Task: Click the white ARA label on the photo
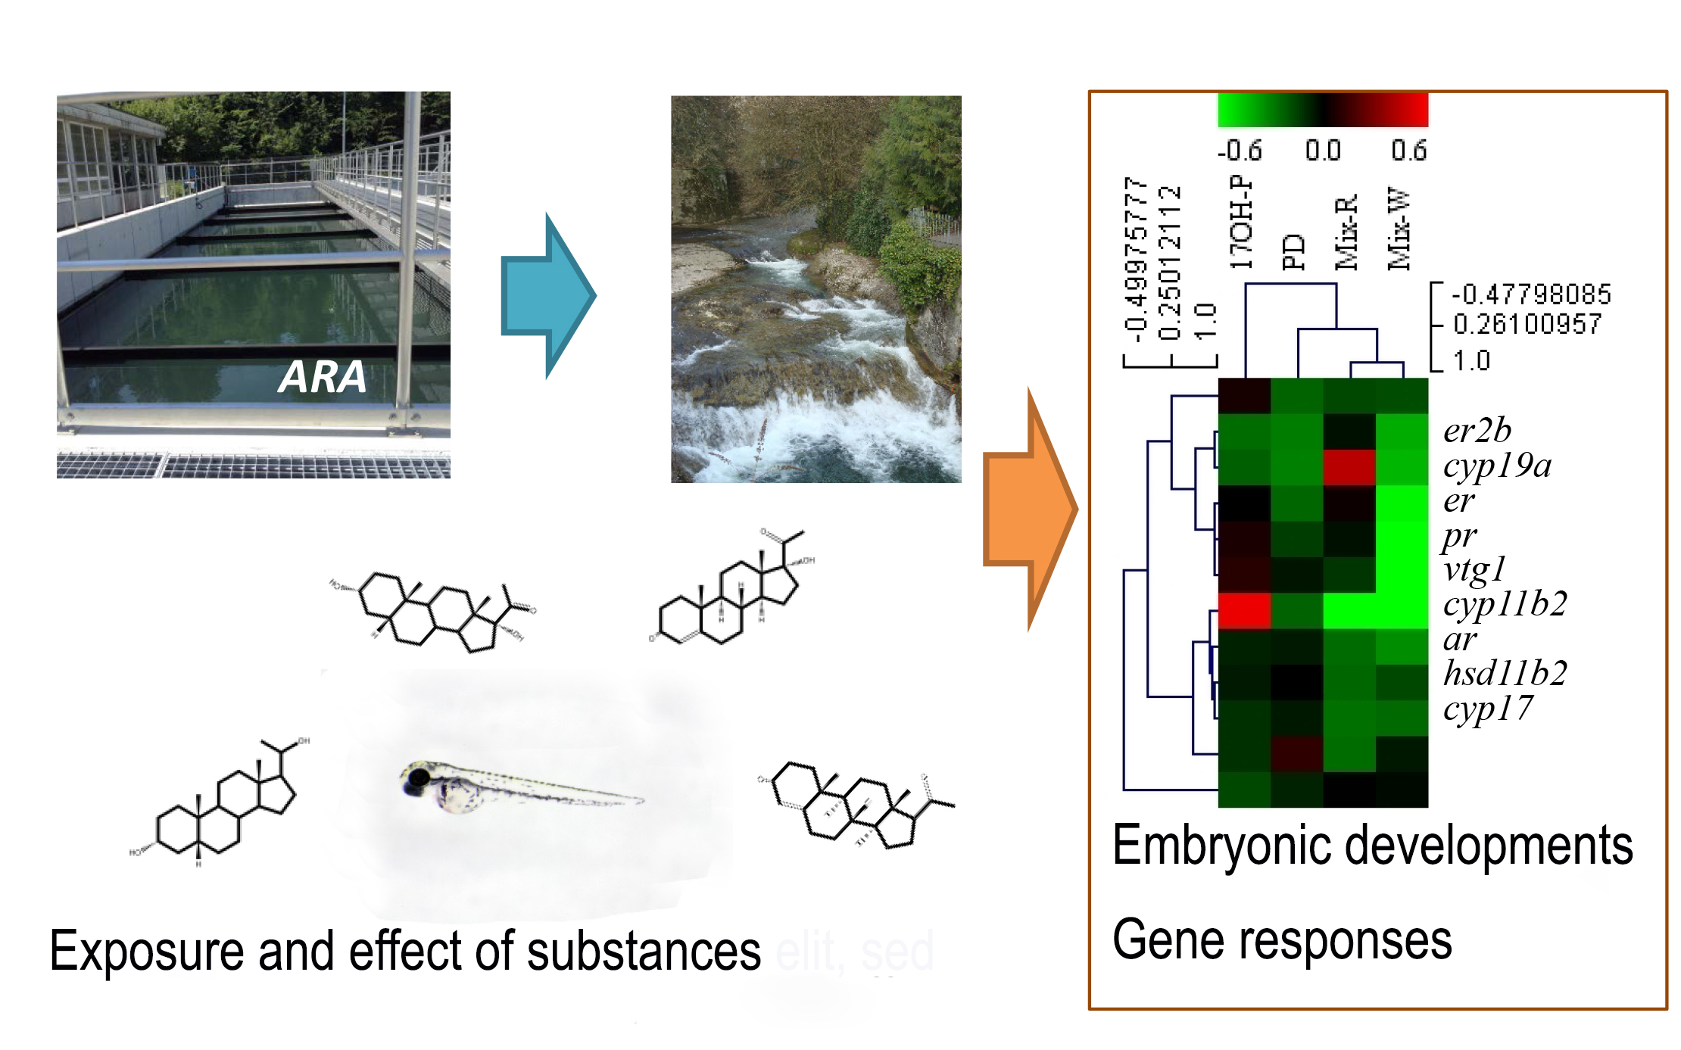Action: pos(323,377)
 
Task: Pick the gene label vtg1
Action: pos(1474,570)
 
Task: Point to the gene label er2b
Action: pos(1477,431)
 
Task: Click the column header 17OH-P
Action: pos(1242,223)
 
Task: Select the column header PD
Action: pos(1294,252)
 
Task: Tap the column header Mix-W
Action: pos(1399,229)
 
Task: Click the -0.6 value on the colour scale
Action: pos(1240,151)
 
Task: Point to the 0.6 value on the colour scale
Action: pos(1408,151)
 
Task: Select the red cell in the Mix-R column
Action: pos(1349,467)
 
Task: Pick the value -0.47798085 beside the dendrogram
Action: pos(1530,294)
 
